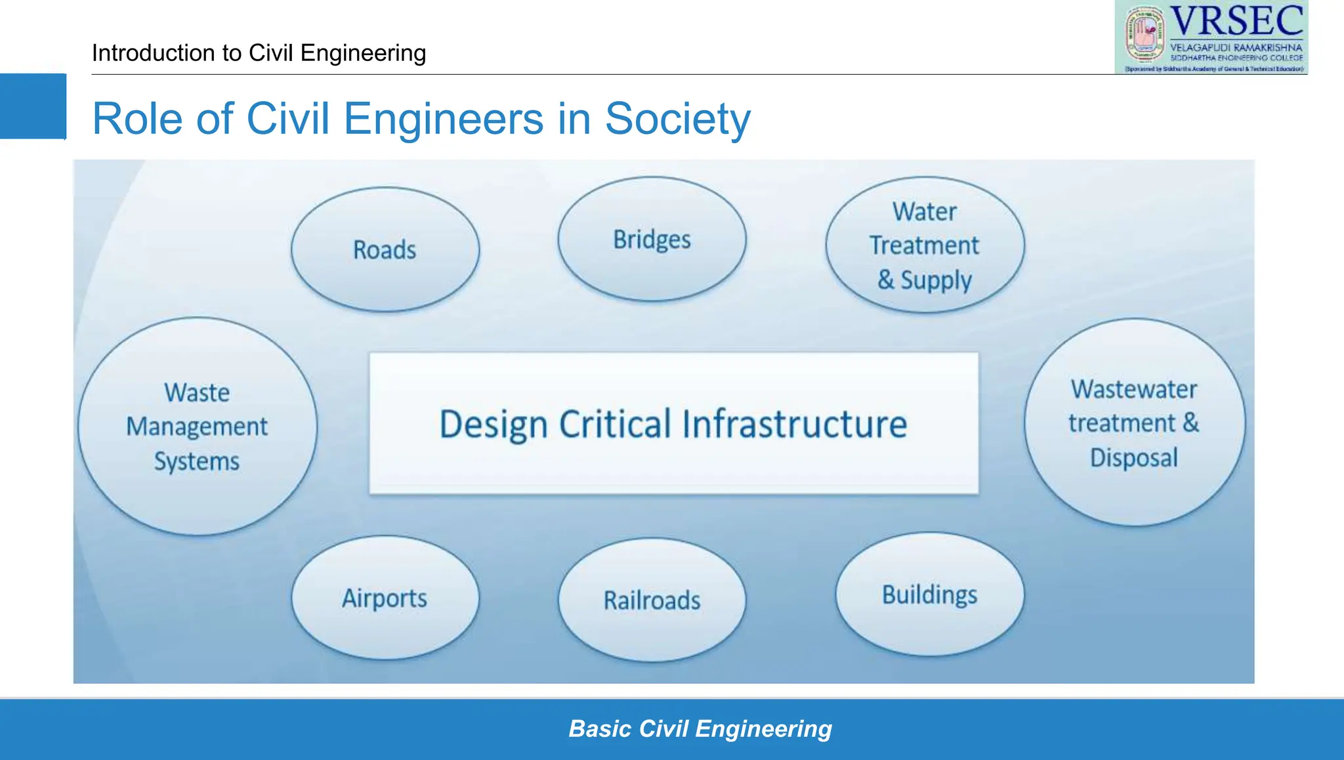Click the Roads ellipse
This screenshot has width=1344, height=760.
pos(385,249)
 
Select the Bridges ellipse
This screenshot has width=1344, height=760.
pos(652,239)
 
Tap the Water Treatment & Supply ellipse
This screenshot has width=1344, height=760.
pos(925,245)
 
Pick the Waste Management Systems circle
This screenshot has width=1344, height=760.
pos(197,427)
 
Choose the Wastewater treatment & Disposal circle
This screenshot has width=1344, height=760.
pos(1134,423)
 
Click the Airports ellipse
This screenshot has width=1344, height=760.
pos(385,598)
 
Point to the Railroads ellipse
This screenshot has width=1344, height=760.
pos(652,600)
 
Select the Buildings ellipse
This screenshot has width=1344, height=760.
pos(929,595)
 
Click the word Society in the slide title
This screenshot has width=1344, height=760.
pos(677,119)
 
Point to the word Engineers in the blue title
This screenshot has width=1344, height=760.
pos(444,119)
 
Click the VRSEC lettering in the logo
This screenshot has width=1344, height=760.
pos(1237,21)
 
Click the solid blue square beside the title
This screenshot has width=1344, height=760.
pos(33,106)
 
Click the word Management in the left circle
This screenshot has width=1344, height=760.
pos(197,427)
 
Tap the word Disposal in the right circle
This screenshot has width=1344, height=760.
pos(1134,457)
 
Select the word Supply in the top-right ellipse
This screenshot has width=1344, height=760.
pos(936,280)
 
